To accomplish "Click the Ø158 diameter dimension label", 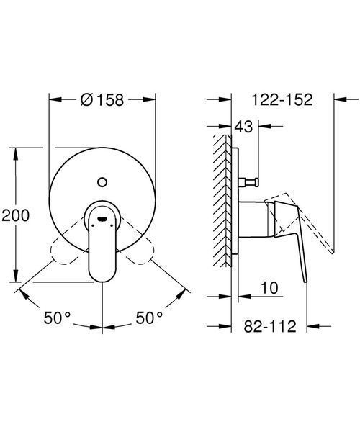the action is click(102, 100).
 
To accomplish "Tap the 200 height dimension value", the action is click(15, 215).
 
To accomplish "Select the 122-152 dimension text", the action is click(282, 99).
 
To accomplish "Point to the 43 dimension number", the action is click(243, 127).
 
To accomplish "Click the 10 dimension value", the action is click(270, 288).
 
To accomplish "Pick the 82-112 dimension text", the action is click(270, 326).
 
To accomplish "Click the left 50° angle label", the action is click(58, 318).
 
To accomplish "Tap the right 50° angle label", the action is click(149, 318).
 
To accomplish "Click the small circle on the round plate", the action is click(102, 182).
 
